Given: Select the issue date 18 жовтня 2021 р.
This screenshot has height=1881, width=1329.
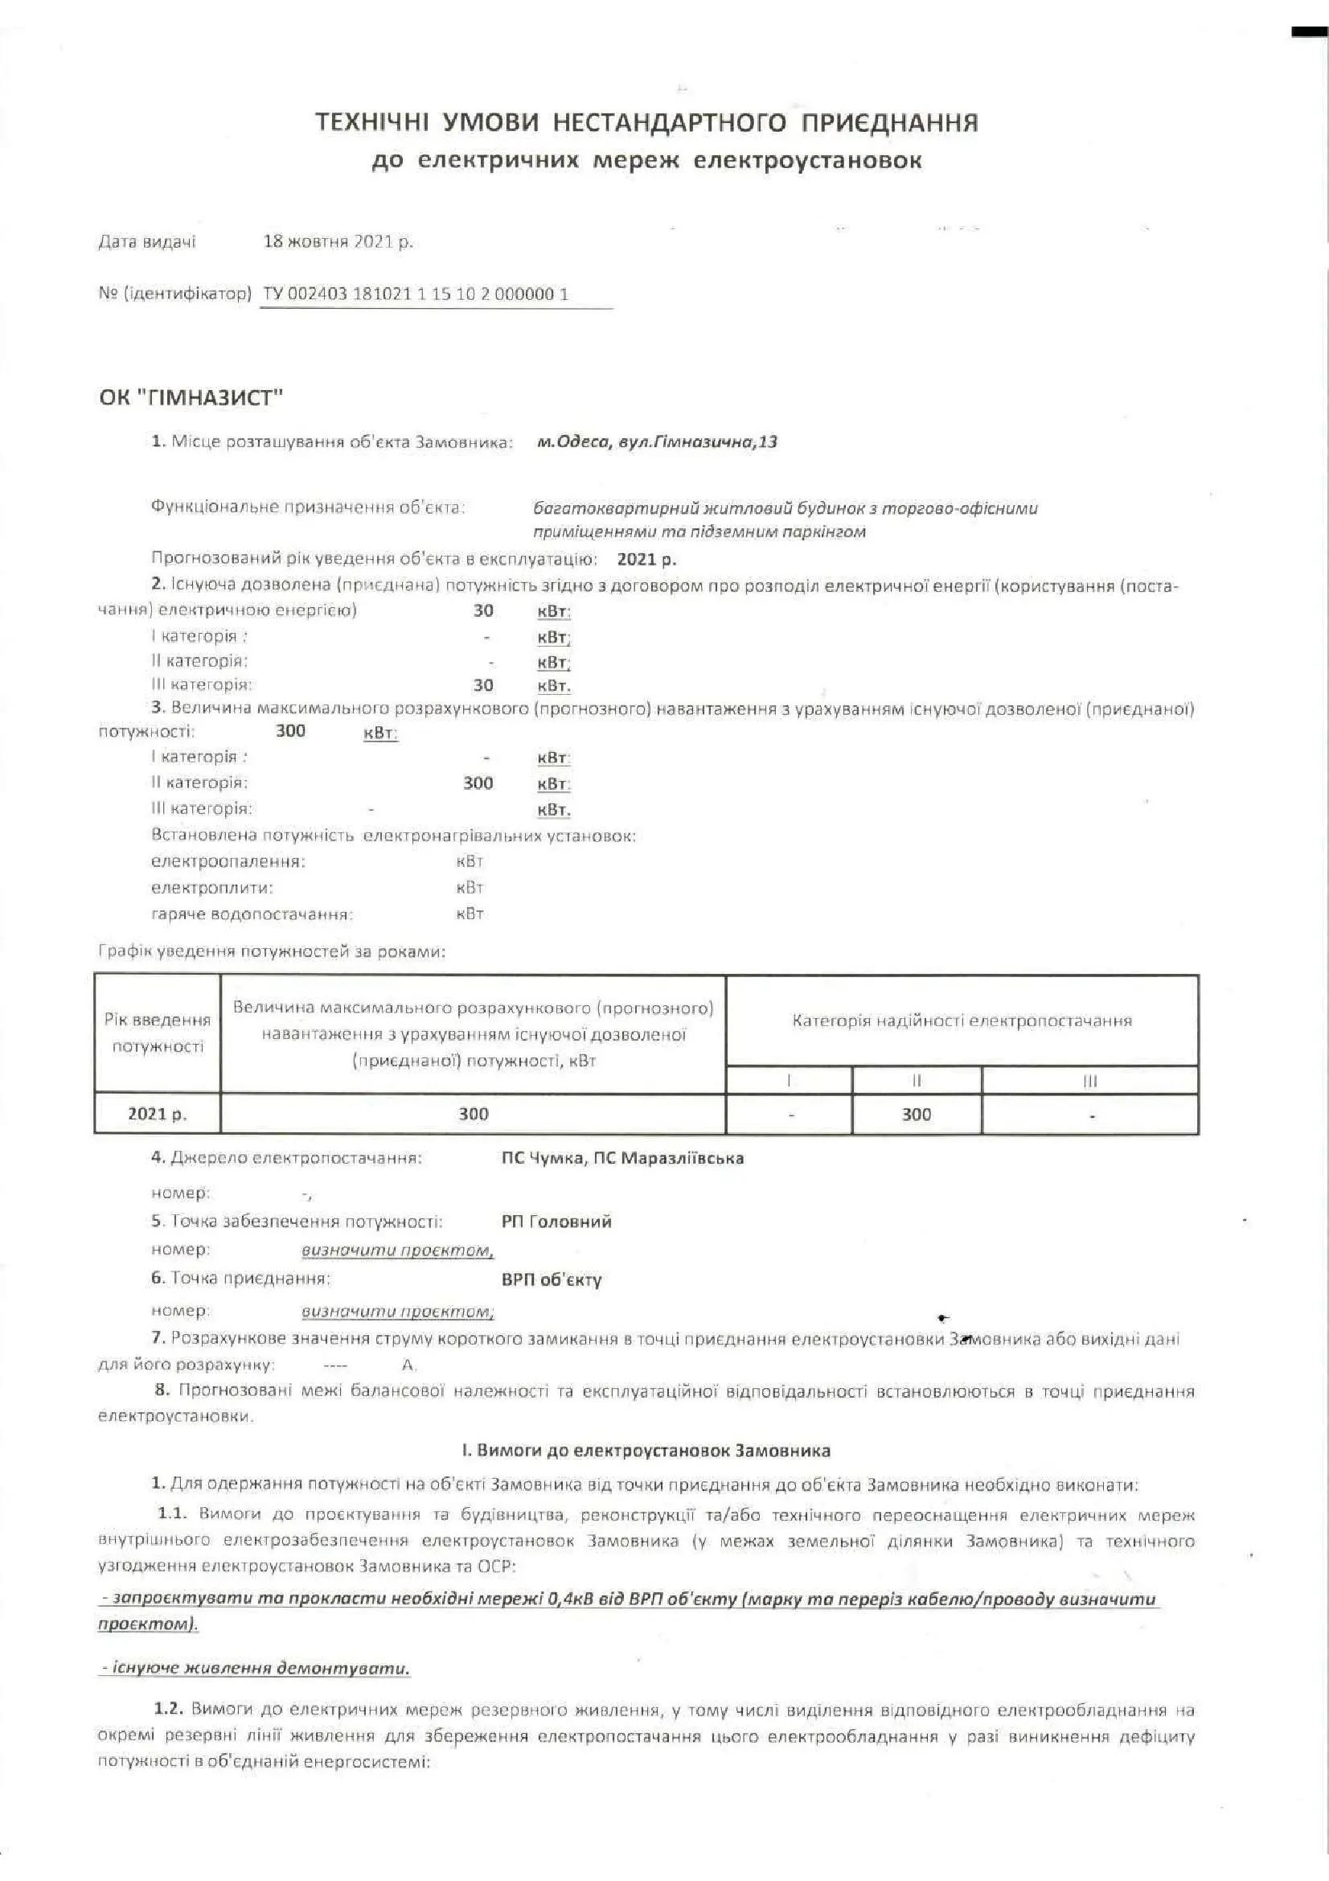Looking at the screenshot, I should [338, 243].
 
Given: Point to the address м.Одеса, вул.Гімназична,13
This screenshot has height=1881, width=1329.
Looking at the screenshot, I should [657, 442].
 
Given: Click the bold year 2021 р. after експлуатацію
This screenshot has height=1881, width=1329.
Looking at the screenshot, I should [646, 561].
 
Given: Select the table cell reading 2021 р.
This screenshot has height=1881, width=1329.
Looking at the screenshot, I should [158, 1114].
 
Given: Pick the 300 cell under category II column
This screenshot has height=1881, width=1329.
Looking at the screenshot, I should [916, 1114].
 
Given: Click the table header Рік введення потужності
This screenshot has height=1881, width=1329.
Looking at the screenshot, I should [158, 1033].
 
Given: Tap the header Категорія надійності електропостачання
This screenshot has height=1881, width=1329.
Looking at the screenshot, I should [962, 1021].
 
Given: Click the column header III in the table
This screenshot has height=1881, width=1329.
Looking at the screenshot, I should [1089, 1081].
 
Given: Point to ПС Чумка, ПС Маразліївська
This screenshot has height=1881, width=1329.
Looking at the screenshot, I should [622, 1158].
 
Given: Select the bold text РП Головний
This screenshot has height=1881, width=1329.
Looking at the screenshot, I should [556, 1222].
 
